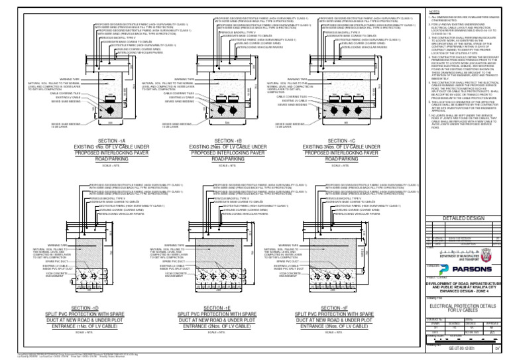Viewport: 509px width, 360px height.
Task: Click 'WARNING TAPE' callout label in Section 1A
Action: [x=71, y=78]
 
